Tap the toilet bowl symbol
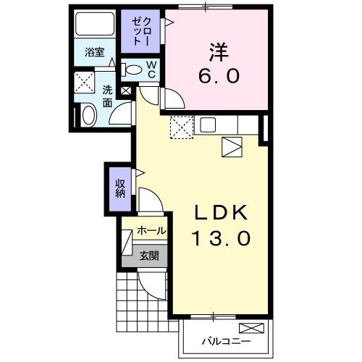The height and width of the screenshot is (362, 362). pos(133,70)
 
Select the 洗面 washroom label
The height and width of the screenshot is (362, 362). pos(106,97)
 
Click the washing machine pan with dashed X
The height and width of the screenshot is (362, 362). pos(85,81)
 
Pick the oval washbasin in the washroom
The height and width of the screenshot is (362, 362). pos(88,115)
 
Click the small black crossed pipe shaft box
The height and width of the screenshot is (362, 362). pos(127,91)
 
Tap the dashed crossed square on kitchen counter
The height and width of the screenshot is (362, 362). pos(180,128)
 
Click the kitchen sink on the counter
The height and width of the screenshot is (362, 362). pos(208,124)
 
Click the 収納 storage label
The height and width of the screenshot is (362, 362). pos(119,188)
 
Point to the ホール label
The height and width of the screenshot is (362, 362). pos(151,231)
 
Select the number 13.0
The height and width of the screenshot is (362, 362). pos(221,237)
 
